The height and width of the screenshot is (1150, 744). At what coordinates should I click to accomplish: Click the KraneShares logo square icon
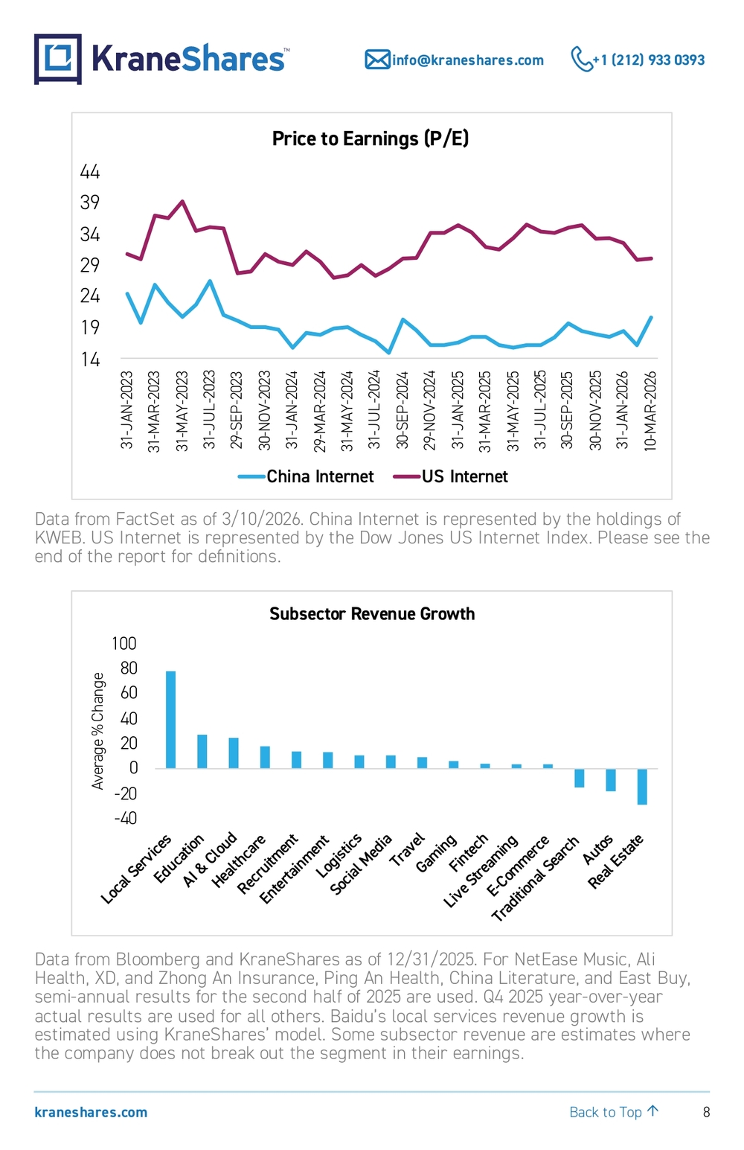pos(58,59)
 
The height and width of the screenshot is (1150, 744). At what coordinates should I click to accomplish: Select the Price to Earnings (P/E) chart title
pos(371,138)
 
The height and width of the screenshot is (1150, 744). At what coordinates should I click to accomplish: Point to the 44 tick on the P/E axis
pos(90,171)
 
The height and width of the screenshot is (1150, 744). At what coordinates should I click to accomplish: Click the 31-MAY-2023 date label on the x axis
pos(182,411)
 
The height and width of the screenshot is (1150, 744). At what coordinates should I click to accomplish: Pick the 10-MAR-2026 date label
pos(650,411)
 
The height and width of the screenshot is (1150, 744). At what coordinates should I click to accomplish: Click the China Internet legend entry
pos(307,476)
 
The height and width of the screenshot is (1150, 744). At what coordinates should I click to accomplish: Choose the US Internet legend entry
pos(451,476)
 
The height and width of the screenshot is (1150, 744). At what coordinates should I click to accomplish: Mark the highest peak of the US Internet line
pos(182,201)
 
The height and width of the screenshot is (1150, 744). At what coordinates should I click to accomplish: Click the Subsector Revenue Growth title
pos(372,613)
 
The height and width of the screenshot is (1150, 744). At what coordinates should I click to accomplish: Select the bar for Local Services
pos(171,720)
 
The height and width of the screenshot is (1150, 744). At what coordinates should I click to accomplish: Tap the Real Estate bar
pos(642,787)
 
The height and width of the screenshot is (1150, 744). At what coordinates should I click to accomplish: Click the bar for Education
pos(202,752)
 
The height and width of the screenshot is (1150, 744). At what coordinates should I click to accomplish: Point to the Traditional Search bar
pos(580,778)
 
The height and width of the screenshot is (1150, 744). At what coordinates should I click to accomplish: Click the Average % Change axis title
pos(97,731)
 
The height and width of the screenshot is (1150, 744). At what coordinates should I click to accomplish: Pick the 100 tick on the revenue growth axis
pos(124,643)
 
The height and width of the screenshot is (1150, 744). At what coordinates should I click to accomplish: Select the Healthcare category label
pos(239,861)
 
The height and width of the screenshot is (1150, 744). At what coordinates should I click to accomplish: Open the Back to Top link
pos(614,1111)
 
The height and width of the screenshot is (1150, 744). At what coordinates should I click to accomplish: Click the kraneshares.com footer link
pos(91,1112)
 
